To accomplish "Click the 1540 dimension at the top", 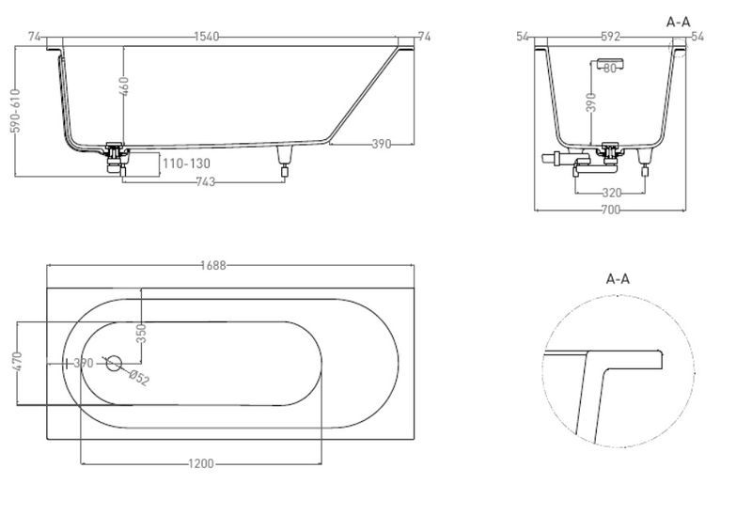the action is (207, 37).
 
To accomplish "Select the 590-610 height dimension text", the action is (16, 110).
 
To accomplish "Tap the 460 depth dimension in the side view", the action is (124, 86).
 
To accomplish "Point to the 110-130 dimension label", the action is (186, 164).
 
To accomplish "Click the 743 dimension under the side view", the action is (205, 181).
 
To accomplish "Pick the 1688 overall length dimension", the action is (213, 265).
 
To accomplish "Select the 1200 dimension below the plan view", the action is (201, 463).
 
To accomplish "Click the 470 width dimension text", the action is (17, 361).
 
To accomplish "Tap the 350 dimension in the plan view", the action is (141, 334).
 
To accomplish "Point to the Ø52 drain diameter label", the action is (139, 378).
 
